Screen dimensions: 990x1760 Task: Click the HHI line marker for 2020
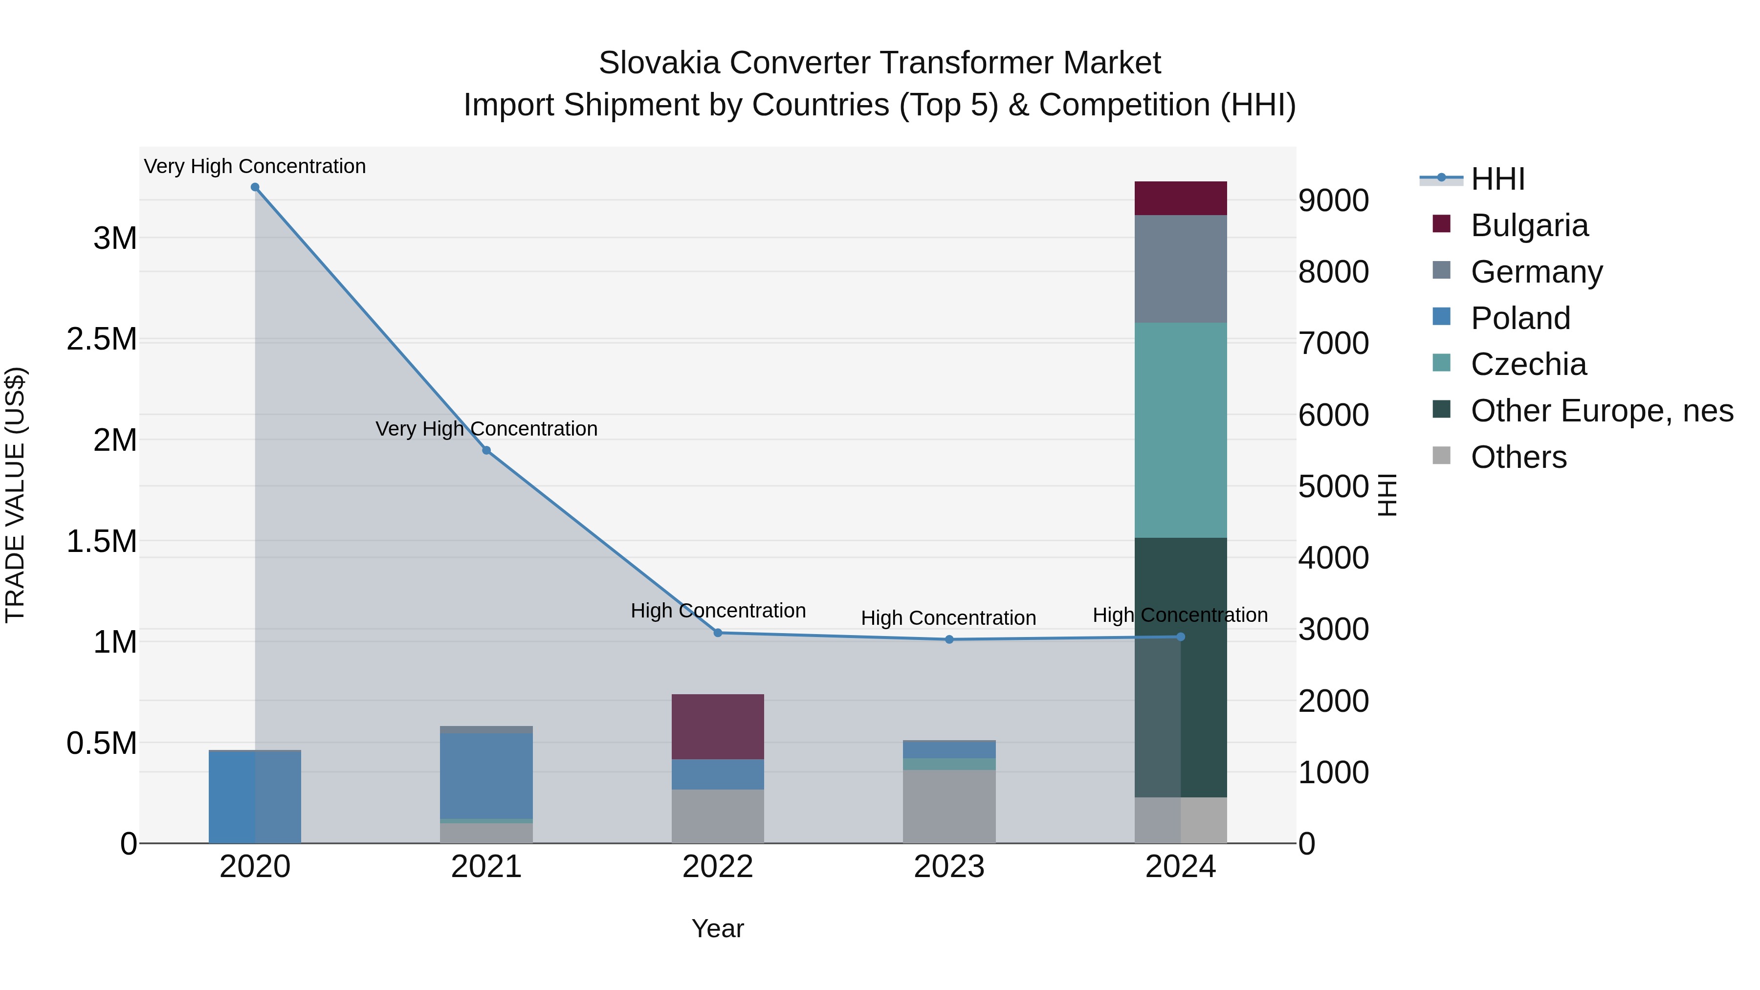(255, 187)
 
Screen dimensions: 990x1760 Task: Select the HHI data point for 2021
(486, 450)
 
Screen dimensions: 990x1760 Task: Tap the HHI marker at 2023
(949, 639)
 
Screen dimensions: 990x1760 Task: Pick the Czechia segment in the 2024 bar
(1181, 430)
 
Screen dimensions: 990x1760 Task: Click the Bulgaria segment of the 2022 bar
(717, 726)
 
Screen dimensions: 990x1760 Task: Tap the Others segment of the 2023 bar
(949, 806)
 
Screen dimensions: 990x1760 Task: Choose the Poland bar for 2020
(255, 797)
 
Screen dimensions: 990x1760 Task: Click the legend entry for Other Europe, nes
(1602, 411)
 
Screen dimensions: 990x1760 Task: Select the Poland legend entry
(1520, 318)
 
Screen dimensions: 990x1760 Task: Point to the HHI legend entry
(1497, 179)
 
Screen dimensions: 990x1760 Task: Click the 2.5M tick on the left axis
(101, 340)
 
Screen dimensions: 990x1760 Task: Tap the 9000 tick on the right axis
(1333, 201)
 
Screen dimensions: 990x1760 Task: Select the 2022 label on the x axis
(717, 867)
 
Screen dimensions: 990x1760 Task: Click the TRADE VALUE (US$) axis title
(15, 495)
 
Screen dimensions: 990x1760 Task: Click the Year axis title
(717, 928)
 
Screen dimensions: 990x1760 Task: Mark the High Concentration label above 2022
(717, 610)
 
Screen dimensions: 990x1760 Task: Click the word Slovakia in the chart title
(659, 63)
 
